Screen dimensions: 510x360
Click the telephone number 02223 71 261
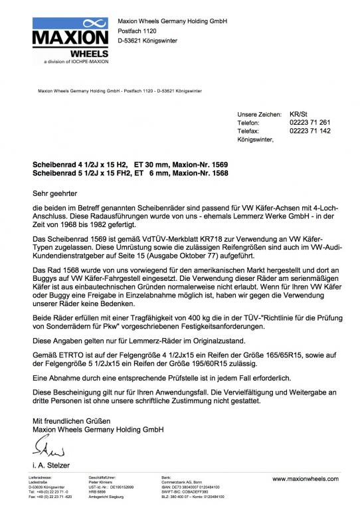[x=310, y=123]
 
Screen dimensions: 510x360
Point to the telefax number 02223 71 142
[x=310, y=131]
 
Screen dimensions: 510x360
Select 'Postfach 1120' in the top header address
[x=138, y=31]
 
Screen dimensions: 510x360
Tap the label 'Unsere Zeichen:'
[x=259, y=114]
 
